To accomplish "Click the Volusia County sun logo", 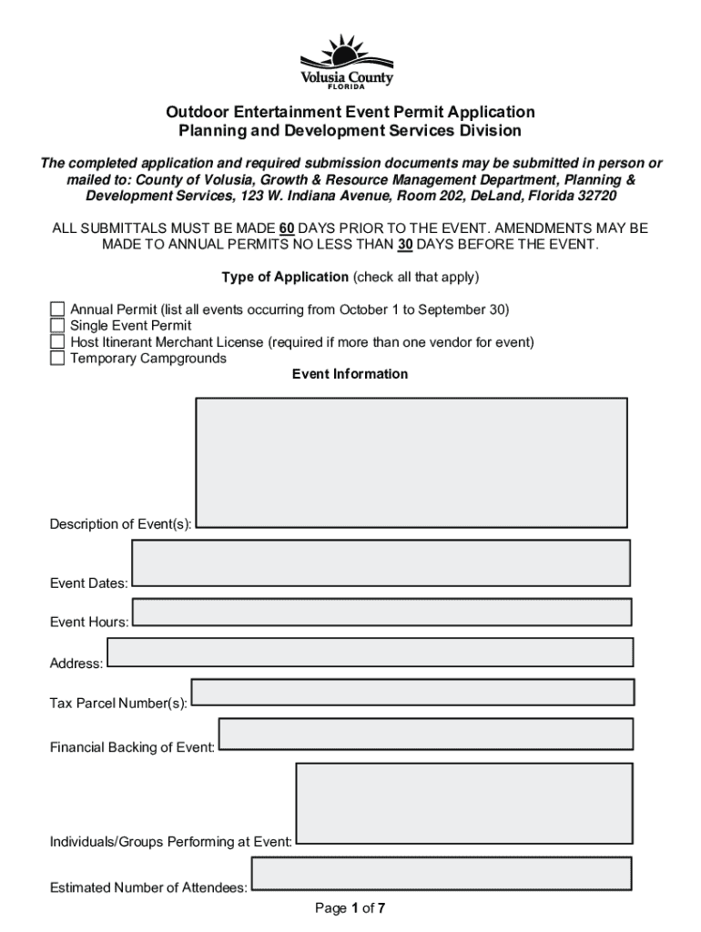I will tap(350, 60).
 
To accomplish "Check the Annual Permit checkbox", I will tap(57, 309).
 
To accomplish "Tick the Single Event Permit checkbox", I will tap(57, 326).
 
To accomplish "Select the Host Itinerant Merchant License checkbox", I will tap(57, 342).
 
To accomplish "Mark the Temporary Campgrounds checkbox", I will tap(57, 359).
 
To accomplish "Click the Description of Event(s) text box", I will tap(411, 462).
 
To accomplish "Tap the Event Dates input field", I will tap(381, 563).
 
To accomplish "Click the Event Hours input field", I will tap(381, 612).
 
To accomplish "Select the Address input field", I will tap(370, 652).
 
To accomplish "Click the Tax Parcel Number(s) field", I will tap(411, 692).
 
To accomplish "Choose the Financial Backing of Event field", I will tap(425, 734).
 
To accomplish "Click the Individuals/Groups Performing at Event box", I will tap(463, 804).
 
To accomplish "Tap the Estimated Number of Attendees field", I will tap(442, 873).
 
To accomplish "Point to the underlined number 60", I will tap(286, 228).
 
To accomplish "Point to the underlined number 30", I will tap(405, 245).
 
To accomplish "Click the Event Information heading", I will tap(350, 374).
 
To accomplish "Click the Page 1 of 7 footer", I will tap(350, 907).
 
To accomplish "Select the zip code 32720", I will tap(593, 197).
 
